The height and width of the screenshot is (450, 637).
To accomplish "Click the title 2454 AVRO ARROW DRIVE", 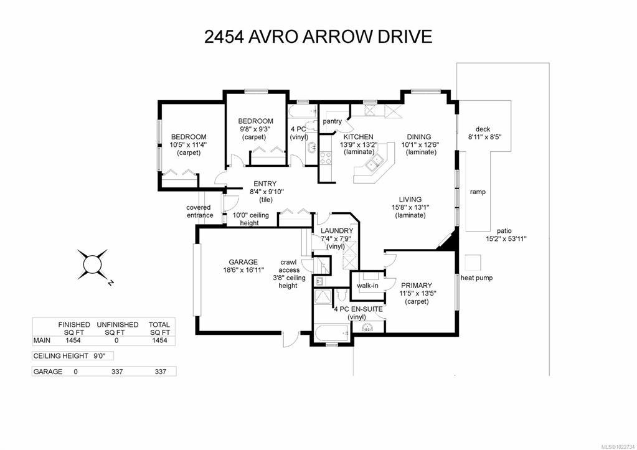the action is pyautogui.click(x=318, y=37).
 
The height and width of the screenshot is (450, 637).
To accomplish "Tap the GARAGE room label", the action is pyautogui.click(x=243, y=262).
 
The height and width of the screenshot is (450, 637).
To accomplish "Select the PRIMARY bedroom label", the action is pyautogui.click(x=417, y=286).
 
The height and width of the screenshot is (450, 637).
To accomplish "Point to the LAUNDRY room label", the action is pyautogui.click(x=337, y=231).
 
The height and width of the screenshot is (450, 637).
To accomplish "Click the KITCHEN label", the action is pyautogui.click(x=358, y=137).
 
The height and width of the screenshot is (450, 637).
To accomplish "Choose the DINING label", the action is pyautogui.click(x=419, y=137).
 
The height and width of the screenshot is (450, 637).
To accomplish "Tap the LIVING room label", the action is pyautogui.click(x=410, y=199).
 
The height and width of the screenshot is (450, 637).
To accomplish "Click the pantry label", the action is pyautogui.click(x=333, y=121).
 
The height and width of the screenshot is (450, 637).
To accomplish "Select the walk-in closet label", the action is pyautogui.click(x=367, y=286).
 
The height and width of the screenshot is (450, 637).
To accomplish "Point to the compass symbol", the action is pyautogui.click(x=93, y=265).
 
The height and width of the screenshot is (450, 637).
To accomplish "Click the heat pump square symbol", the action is pyautogui.click(x=473, y=263).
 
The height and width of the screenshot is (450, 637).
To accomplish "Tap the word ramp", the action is pyautogui.click(x=478, y=192).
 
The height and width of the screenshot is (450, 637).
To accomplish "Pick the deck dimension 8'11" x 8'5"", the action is pyautogui.click(x=484, y=137).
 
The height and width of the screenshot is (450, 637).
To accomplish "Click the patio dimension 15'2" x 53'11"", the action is pyautogui.click(x=506, y=239).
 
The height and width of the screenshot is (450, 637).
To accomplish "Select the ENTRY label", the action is pyautogui.click(x=265, y=184).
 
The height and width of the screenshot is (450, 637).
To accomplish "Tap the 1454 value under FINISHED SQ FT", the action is pyautogui.click(x=73, y=340).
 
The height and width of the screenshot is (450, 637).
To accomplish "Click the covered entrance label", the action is pyautogui.click(x=199, y=211).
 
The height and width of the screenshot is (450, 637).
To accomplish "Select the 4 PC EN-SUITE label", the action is pyautogui.click(x=358, y=309).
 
